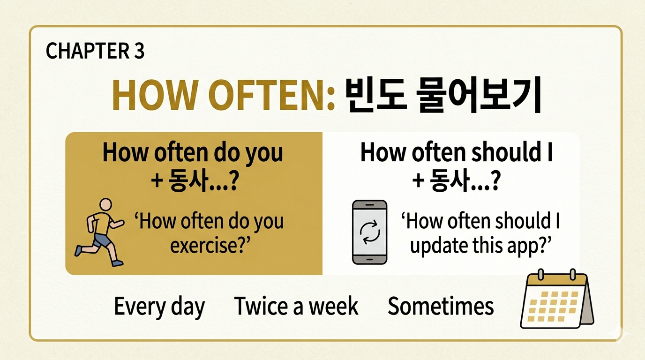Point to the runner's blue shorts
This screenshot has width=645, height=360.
coord(102,240)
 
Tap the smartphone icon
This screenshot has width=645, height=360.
coord(369,232)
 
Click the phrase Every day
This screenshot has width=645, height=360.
coord(159,307)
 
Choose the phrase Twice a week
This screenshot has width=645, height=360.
coord(296,307)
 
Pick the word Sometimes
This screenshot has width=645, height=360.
coord(441,307)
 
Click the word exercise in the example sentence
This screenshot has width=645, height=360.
coord(204,245)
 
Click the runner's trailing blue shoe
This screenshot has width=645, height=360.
coord(78,251)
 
